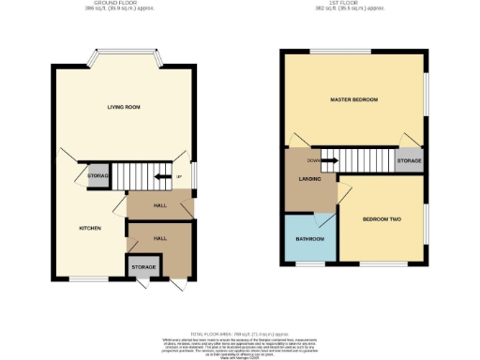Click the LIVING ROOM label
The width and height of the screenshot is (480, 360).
[123, 108]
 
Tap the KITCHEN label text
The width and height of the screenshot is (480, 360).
[91, 228]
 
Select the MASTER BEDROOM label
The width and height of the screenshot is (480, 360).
[353, 99]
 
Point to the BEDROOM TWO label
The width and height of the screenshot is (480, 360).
[382, 219]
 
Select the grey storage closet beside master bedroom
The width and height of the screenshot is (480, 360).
[409, 161]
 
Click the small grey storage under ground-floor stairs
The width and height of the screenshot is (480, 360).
[98, 175]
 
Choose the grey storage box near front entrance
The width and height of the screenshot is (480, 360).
[143, 267]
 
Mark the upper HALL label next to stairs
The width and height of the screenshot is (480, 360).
[160, 205]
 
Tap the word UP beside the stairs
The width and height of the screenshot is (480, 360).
[178, 175]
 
